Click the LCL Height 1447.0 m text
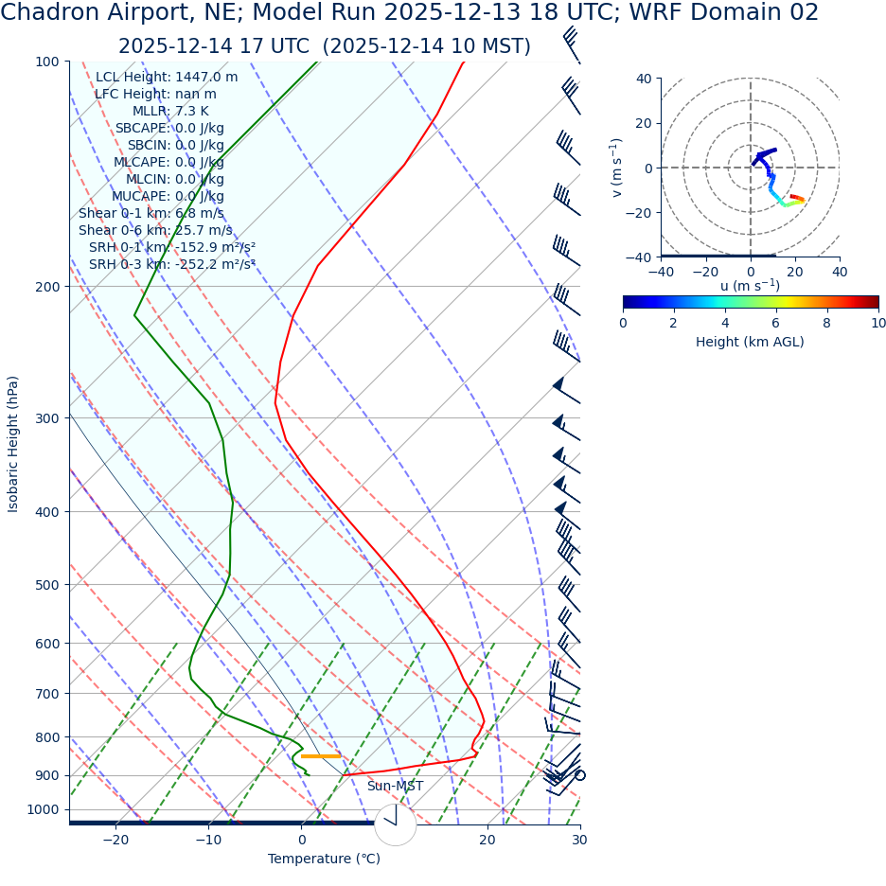click(x=167, y=77)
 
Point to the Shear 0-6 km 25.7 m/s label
click(x=155, y=230)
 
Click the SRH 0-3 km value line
click(x=172, y=264)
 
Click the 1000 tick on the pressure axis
click(x=43, y=809)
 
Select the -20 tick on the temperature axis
click(x=115, y=840)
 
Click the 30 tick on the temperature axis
click(x=579, y=840)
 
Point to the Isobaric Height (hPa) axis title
click(x=13, y=444)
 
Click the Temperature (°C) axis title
click(x=324, y=859)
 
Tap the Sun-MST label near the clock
click(x=395, y=786)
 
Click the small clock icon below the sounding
click(x=395, y=824)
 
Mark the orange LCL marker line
click(x=320, y=756)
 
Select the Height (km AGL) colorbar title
click(x=750, y=342)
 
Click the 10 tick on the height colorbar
click(x=878, y=323)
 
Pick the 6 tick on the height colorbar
click(x=776, y=323)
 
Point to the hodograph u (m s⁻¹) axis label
click(x=750, y=285)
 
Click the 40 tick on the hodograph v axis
click(x=643, y=79)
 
